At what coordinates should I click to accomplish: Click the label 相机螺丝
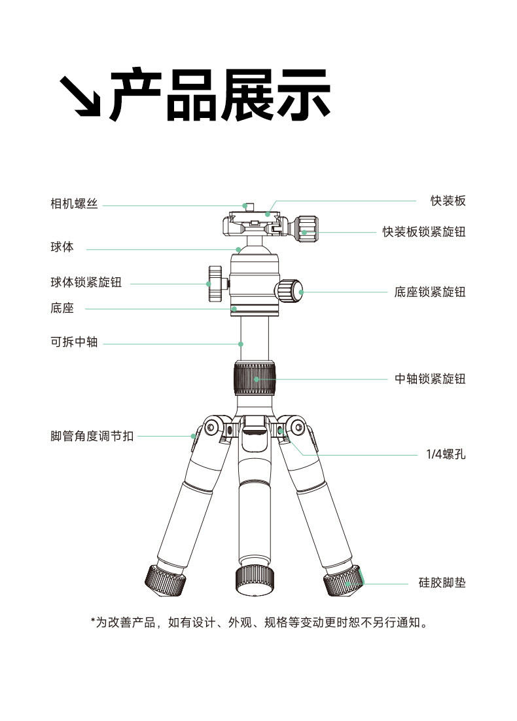coord(74,205)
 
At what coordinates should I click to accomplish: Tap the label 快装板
coord(448,201)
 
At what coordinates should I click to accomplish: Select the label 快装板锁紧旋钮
coord(424,232)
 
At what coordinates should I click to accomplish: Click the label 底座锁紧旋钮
coord(430,292)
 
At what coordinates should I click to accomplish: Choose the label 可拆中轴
coord(74,342)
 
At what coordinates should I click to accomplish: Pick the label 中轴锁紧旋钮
coord(430,379)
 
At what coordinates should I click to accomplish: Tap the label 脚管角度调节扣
coord(92,436)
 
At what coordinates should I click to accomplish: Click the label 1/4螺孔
coord(446,453)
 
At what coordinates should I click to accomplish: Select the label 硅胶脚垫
coord(442,583)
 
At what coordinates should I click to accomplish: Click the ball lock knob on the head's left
coord(215,284)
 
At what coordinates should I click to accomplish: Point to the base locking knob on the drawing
coord(289,290)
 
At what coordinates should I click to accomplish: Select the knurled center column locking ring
coord(254,378)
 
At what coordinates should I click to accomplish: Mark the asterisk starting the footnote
coord(93,621)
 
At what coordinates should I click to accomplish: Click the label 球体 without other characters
coord(62,248)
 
